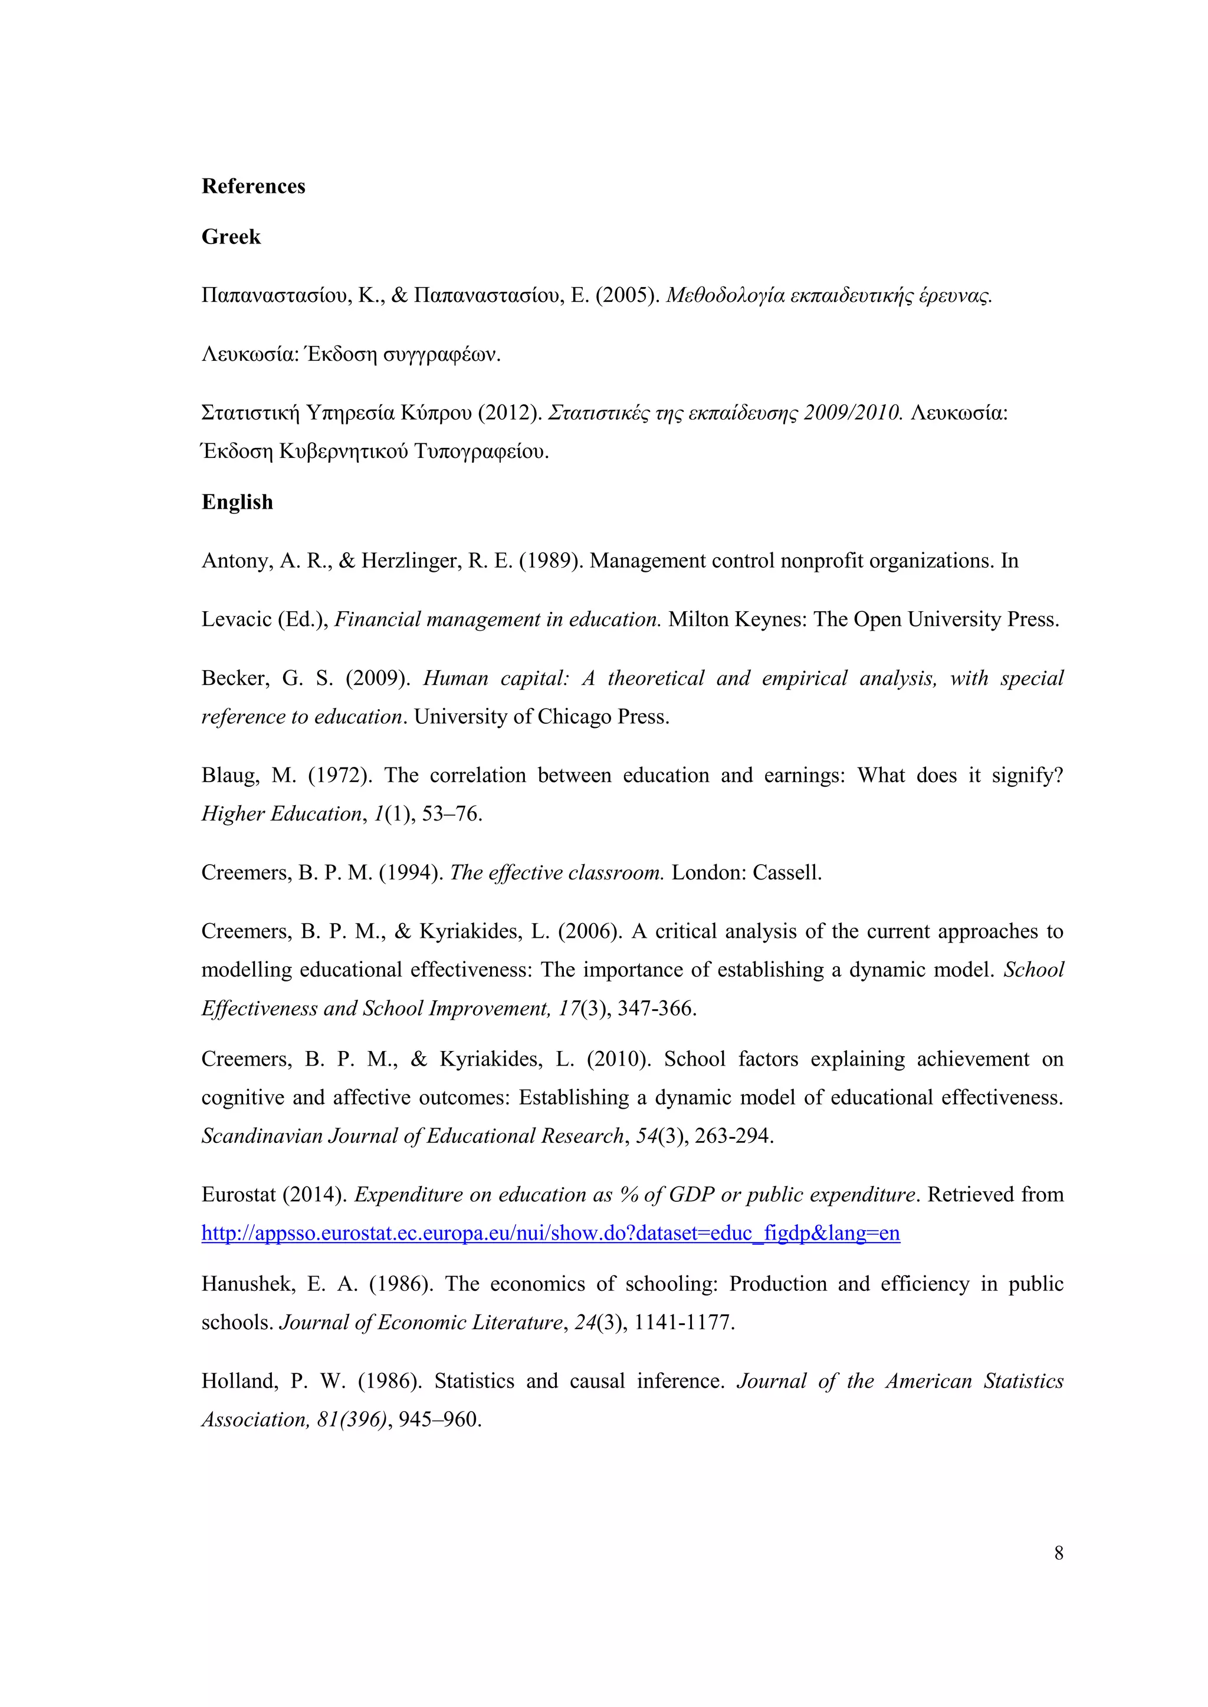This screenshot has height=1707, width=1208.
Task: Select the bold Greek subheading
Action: coord(231,236)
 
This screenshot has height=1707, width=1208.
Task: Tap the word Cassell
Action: coord(787,872)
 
